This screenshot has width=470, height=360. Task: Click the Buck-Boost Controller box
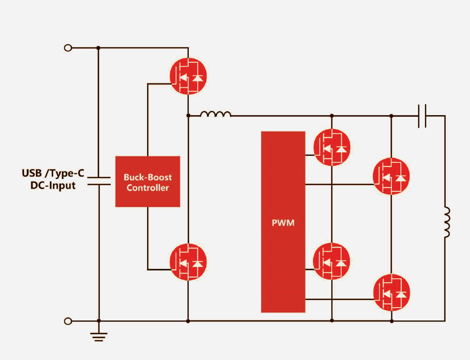tap(148, 181)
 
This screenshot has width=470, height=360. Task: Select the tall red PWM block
tap(283, 222)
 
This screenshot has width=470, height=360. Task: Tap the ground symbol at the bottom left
tap(99, 336)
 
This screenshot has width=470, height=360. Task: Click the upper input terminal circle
tap(68, 48)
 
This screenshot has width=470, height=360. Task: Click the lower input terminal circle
tap(68, 321)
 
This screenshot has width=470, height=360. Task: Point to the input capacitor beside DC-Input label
tap(99, 181)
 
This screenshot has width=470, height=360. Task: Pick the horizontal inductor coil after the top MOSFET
tap(215, 114)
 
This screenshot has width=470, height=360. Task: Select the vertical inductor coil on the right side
tap(446, 222)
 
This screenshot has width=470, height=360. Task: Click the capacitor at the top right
tap(423, 116)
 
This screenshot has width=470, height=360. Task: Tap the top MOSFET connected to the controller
tap(188, 76)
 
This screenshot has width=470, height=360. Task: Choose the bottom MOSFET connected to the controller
tap(188, 262)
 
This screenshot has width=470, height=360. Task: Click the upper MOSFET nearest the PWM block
tap(332, 147)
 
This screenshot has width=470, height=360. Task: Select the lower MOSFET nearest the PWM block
tap(332, 261)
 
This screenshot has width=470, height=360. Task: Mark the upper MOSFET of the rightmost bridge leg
tap(391, 176)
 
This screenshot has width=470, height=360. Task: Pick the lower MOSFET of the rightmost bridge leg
tap(391, 292)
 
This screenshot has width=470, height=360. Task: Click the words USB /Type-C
tap(53, 173)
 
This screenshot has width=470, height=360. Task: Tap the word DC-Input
tap(53, 185)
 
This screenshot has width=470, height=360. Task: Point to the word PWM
tap(283, 223)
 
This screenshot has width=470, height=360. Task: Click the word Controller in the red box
tap(148, 188)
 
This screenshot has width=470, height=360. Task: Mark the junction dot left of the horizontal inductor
tap(188, 115)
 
